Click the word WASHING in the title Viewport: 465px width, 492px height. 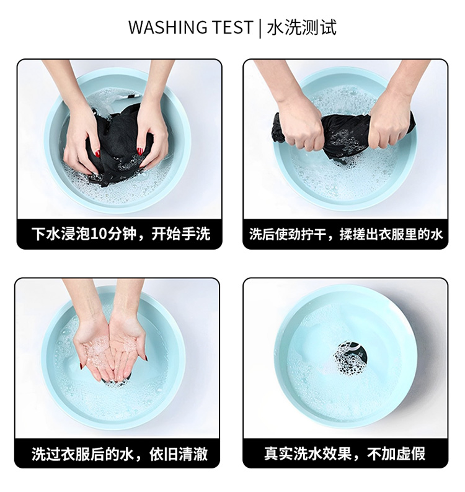(167, 27)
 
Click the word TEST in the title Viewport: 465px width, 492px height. (232, 27)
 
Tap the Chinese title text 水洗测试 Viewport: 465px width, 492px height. (302, 27)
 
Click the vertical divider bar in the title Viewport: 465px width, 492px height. (260, 27)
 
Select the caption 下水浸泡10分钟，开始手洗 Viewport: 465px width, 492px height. (120, 234)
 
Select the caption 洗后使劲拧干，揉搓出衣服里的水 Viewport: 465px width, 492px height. (346, 234)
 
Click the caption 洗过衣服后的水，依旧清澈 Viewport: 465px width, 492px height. (119, 454)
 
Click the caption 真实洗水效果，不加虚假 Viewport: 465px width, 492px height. (345, 453)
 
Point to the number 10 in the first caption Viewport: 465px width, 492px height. (99, 234)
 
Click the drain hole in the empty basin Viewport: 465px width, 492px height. (350, 358)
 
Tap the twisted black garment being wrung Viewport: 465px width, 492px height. (345, 132)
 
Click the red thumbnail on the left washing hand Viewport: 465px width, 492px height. (98, 154)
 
